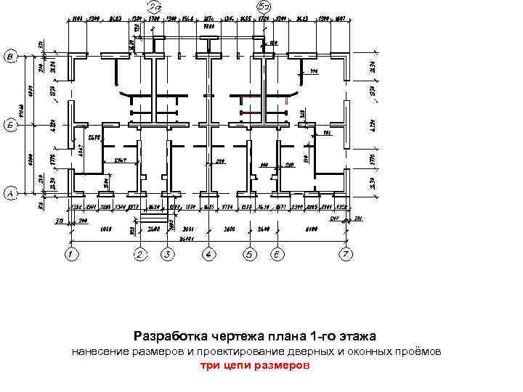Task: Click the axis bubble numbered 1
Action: [x=70, y=255]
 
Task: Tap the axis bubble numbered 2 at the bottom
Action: [x=140, y=255]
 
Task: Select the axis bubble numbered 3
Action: [x=169, y=255]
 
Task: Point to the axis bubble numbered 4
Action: [x=209, y=255]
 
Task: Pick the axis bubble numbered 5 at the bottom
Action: [x=250, y=255]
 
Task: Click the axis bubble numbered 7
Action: [x=346, y=255]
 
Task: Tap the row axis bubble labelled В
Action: [x=11, y=57]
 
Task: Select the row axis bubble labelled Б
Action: [x=11, y=124]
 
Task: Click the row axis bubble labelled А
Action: [x=11, y=194]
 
